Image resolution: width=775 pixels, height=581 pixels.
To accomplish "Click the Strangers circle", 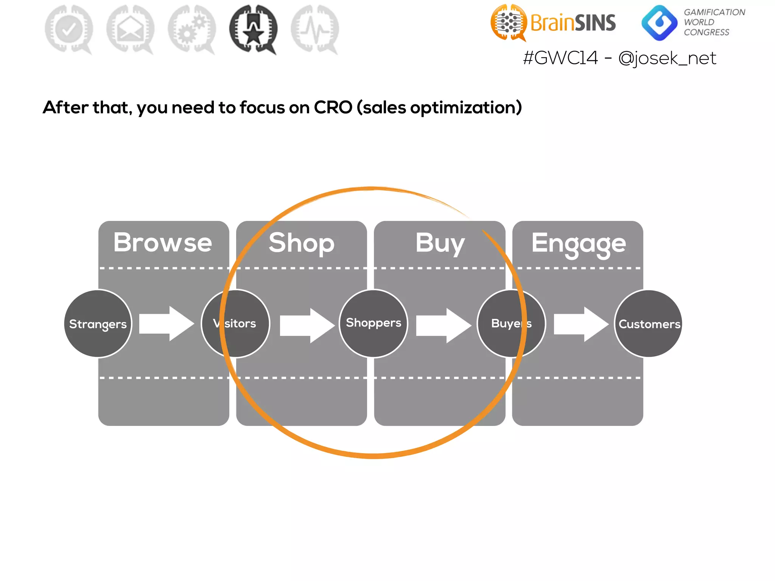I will [x=98, y=323].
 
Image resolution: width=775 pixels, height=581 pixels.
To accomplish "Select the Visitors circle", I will [x=235, y=323].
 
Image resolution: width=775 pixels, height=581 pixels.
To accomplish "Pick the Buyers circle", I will [x=511, y=323].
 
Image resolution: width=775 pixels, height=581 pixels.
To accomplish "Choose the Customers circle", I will [x=649, y=323].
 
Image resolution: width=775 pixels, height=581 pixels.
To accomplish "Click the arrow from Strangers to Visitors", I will [x=167, y=323].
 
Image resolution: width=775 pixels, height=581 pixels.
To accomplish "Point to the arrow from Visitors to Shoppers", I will [x=307, y=325].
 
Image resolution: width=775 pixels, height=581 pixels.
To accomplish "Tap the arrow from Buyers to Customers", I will [x=581, y=324].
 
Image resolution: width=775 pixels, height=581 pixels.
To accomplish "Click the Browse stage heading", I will [x=163, y=242].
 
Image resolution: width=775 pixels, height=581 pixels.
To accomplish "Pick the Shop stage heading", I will [x=302, y=243].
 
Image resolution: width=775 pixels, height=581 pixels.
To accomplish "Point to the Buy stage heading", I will [x=440, y=243].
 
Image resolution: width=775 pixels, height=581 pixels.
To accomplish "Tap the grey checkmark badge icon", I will [x=69, y=29].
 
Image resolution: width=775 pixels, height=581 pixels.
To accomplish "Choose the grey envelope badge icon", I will [x=131, y=29].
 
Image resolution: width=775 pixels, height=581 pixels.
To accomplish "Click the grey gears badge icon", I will [x=192, y=29].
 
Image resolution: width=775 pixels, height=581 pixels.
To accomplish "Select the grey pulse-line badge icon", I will [x=315, y=29].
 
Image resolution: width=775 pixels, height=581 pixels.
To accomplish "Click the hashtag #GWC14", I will [x=560, y=58].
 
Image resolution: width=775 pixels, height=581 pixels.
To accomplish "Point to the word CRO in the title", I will [x=333, y=107].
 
